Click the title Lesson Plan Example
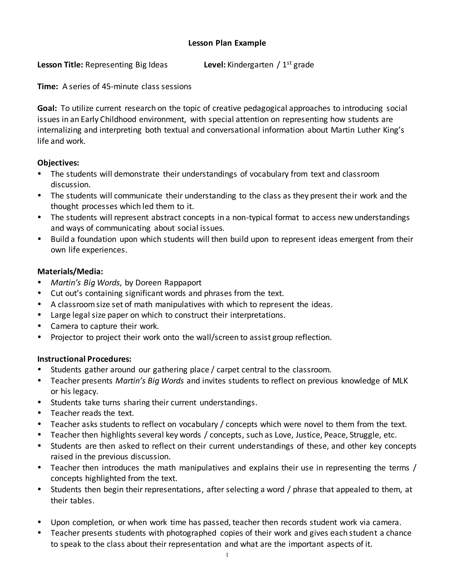point(227,43)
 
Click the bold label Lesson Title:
point(60,65)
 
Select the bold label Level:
point(214,65)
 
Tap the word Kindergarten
point(250,65)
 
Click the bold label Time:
point(48,87)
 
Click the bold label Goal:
point(47,108)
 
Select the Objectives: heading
point(58,163)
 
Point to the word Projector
point(67,337)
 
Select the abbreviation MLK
point(400,381)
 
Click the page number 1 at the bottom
point(227,555)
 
